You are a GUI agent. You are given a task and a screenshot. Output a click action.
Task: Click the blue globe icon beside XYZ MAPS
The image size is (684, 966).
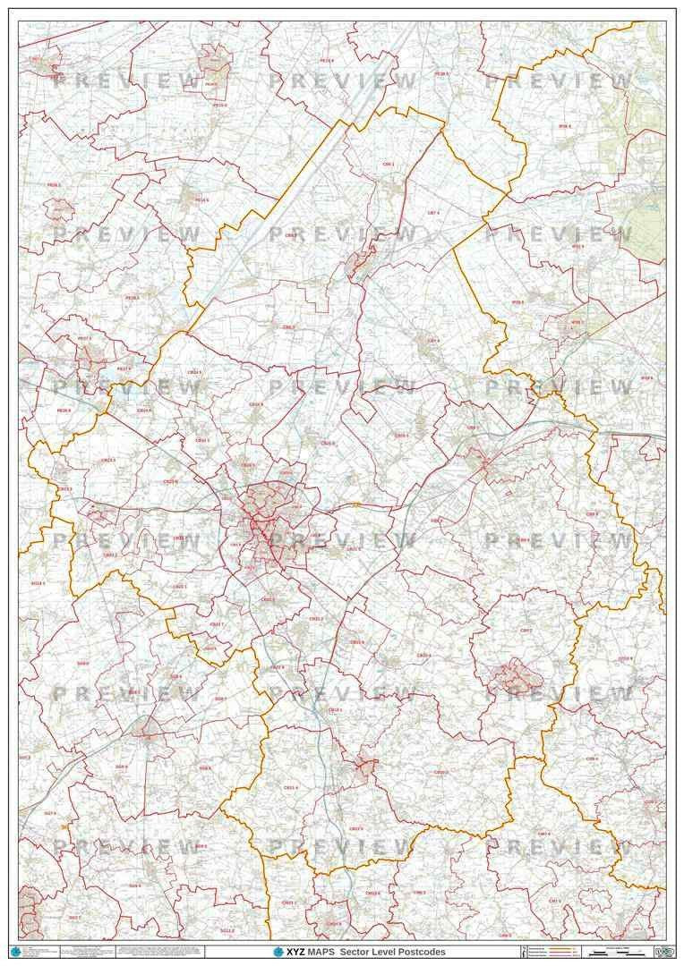click(x=278, y=952)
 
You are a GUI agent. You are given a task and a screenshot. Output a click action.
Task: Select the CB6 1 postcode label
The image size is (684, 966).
click(x=389, y=165)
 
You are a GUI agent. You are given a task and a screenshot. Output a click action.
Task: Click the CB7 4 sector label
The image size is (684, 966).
click(x=432, y=212)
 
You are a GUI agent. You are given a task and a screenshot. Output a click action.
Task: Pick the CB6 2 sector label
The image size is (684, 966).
click(x=288, y=327)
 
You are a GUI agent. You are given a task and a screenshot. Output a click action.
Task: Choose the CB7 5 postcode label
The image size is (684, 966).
click(x=433, y=341)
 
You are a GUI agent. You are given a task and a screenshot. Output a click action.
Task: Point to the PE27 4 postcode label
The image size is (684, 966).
click(x=123, y=369)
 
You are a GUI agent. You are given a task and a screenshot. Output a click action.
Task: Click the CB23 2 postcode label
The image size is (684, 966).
click(x=109, y=555)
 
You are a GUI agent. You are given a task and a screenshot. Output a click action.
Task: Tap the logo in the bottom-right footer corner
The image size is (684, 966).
click(x=663, y=952)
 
